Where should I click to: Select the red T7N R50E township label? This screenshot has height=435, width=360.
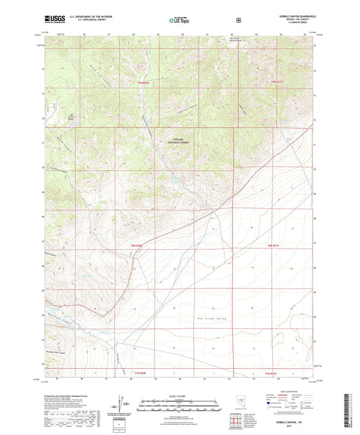tap(142, 83)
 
